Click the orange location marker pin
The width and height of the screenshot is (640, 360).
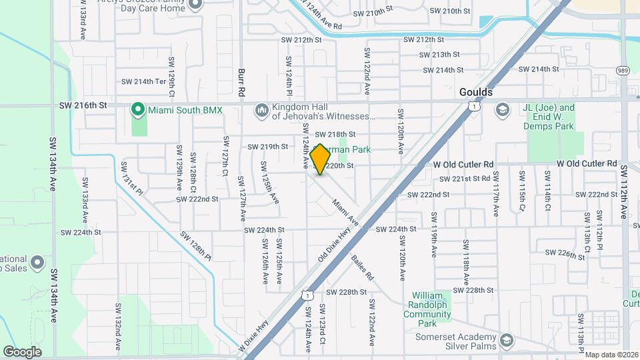pyautogui.click(x=321, y=159)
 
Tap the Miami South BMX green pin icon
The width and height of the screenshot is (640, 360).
pyautogui.click(x=138, y=109)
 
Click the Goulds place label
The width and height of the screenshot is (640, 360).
pyautogui.click(x=476, y=92)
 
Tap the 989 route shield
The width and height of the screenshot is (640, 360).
pyautogui.click(x=623, y=71)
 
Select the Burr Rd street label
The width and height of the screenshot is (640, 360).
pyautogui.click(x=243, y=81)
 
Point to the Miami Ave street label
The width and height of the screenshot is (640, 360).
pyautogui.click(x=345, y=213)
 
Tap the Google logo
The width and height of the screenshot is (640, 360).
pyautogui.click(x=22, y=351)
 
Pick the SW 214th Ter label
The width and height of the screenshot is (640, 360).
pyautogui.click(x=143, y=81)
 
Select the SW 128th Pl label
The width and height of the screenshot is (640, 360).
pyautogui.click(x=195, y=246)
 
